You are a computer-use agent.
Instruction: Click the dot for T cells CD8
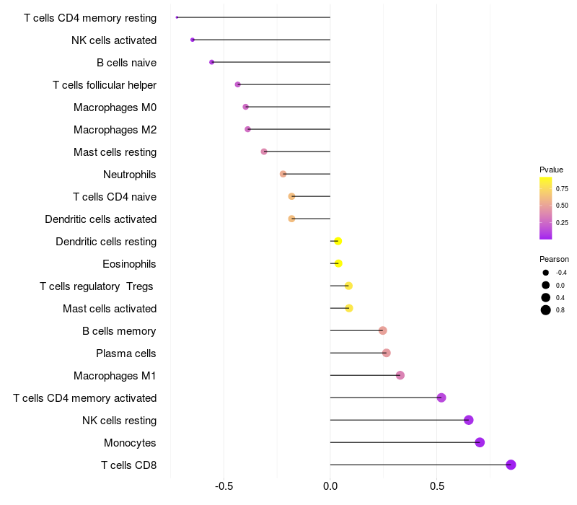(x=511, y=465)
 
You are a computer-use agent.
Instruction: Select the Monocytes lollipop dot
(x=480, y=442)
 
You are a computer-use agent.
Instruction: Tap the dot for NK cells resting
(x=468, y=420)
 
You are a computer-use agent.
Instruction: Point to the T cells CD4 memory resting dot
(x=177, y=17)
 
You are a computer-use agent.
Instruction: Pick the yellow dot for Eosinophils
(x=338, y=263)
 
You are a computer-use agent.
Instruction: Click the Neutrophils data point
(x=283, y=174)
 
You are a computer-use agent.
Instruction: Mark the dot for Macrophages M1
(x=400, y=375)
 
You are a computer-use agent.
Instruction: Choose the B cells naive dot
(x=211, y=62)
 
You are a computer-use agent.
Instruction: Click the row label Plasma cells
(x=125, y=353)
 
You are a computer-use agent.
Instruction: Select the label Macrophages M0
(x=115, y=107)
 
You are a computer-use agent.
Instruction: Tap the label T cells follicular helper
(x=105, y=85)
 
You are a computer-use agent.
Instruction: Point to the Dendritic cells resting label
(x=106, y=242)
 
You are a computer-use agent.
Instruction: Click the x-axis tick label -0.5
(x=224, y=486)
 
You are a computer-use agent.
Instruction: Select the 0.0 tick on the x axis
(x=330, y=486)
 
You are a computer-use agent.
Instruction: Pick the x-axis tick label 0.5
(x=437, y=486)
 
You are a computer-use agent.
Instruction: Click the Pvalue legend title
(x=551, y=170)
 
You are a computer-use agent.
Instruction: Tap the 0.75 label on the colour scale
(x=562, y=189)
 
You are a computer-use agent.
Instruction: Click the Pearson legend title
(x=554, y=259)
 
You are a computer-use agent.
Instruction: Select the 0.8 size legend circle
(x=546, y=310)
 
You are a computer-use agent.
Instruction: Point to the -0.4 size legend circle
(x=546, y=273)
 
